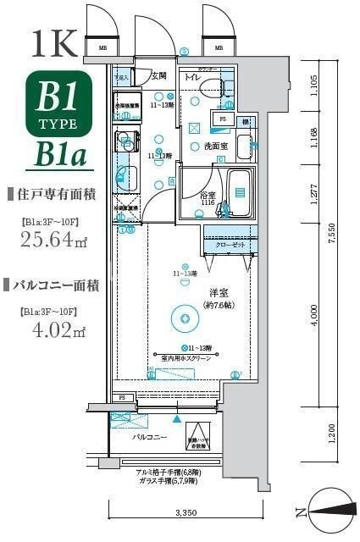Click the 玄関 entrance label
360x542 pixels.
point(158,76)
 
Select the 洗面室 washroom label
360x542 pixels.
point(215,146)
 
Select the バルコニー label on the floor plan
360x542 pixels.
point(149,438)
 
